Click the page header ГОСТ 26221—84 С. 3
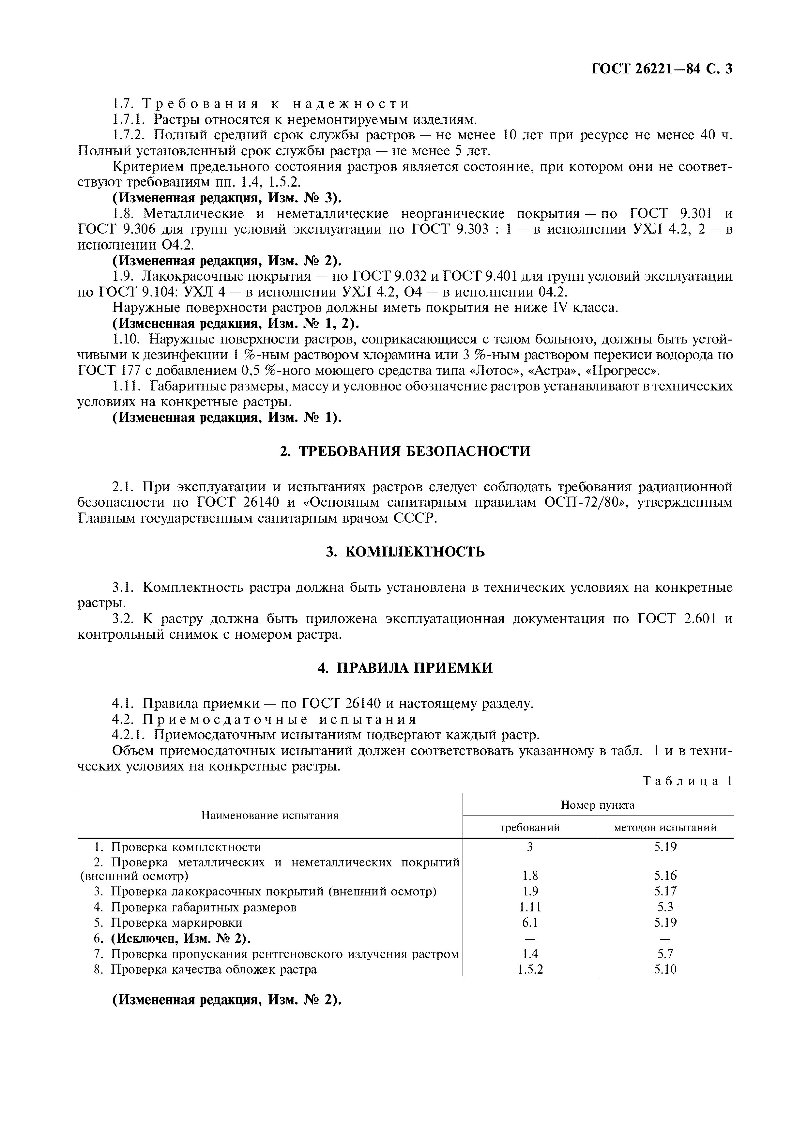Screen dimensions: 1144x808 [662, 69]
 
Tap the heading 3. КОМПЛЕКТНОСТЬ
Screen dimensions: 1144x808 [405, 552]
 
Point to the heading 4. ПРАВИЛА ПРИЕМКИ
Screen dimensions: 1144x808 [405, 668]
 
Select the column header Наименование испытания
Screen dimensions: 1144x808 [270, 815]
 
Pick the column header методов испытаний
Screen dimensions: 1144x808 [665, 828]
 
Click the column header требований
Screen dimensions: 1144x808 [530, 828]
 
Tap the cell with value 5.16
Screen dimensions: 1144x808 [665, 876]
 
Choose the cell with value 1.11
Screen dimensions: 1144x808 [530, 907]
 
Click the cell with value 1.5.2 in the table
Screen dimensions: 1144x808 [530, 969]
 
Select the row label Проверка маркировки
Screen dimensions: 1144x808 [177, 922]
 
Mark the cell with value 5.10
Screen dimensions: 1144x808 [665, 969]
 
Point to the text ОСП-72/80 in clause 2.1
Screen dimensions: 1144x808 [580, 502]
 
